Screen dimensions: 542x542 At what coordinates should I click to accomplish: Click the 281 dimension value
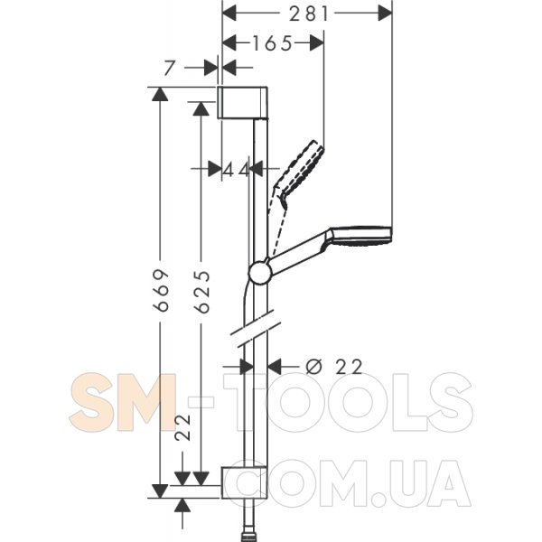pyautogui.click(x=308, y=14)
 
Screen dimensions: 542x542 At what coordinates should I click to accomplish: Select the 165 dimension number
pyautogui.click(x=273, y=43)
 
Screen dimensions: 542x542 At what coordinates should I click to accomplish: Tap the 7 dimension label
pyautogui.click(x=169, y=68)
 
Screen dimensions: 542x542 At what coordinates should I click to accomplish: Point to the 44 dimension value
pyautogui.click(x=235, y=170)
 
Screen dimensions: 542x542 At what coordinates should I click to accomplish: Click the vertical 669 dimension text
pyautogui.click(x=162, y=290)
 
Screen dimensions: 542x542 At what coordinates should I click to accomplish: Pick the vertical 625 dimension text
pyautogui.click(x=202, y=292)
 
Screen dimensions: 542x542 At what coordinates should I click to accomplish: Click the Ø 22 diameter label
pyautogui.click(x=334, y=367)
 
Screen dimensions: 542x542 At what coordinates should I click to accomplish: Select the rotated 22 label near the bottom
pyautogui.click(x=182, y=427)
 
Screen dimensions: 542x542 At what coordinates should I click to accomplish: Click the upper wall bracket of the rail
pyautogui.click(x=242, y=102)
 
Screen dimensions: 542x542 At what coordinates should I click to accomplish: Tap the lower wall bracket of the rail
pyautogui.click(x=244, y=482)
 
